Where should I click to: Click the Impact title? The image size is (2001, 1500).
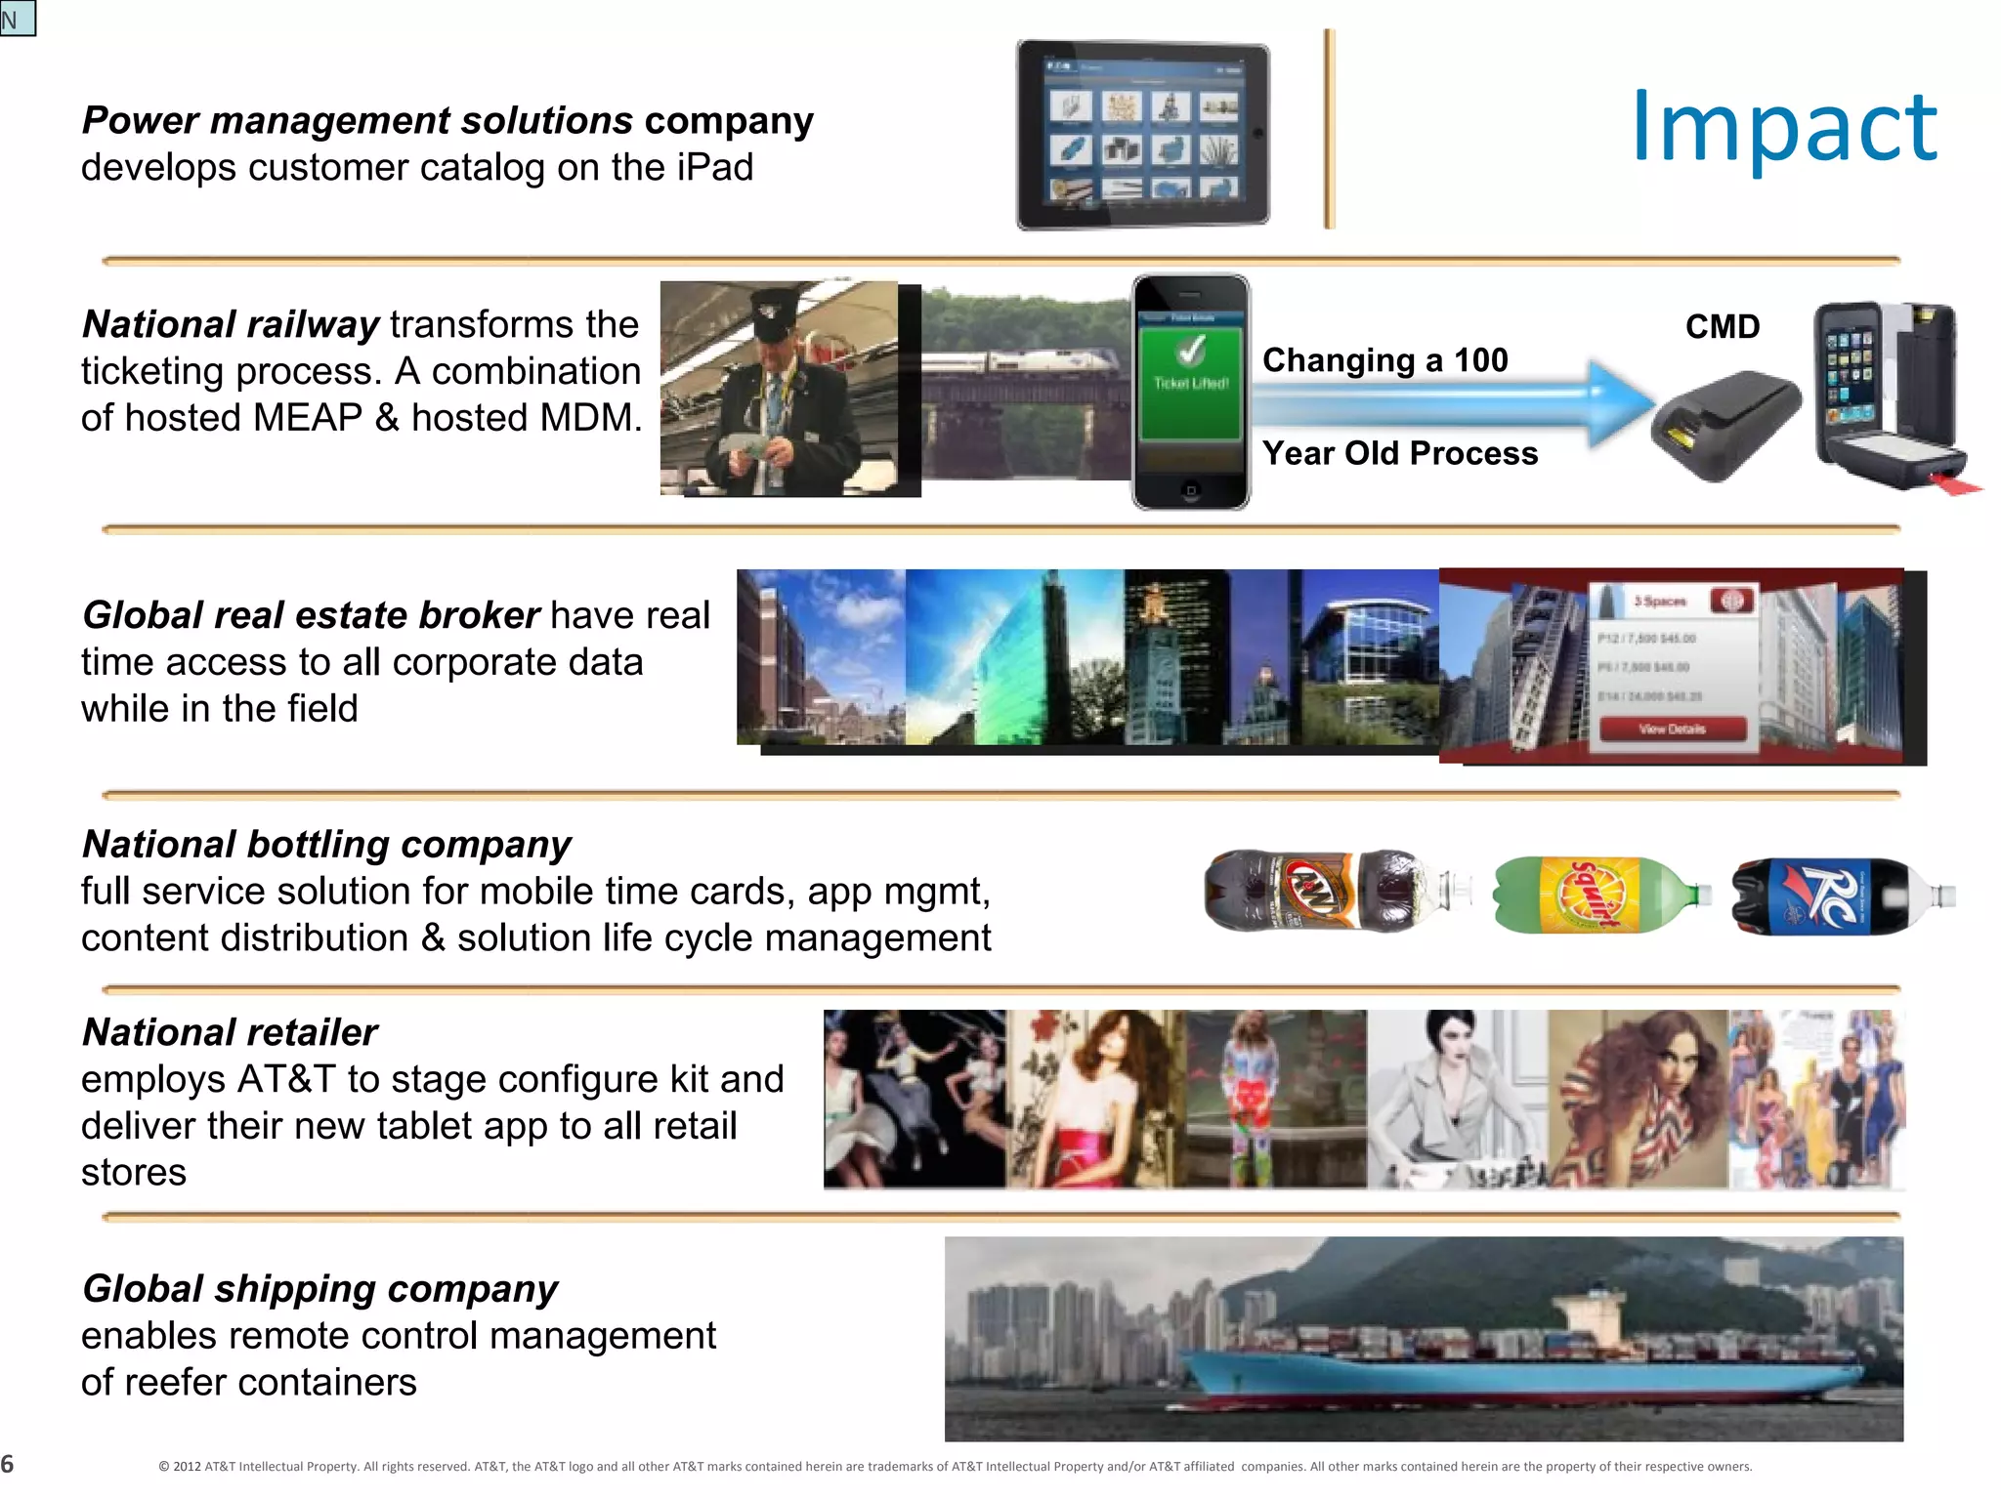(1784, 127)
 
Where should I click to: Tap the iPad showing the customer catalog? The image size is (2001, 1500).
(1143, 135)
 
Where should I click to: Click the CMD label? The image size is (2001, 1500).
(1723, 326)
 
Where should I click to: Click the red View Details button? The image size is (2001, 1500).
(1672, 729)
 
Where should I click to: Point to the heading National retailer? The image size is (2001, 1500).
(230, 1032)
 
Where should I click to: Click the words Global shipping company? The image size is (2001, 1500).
(319, 1289)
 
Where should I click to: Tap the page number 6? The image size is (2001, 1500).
(8, 1464)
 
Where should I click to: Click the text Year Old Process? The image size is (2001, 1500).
(1399, 453)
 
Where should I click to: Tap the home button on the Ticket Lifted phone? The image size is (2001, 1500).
(1190, 490)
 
